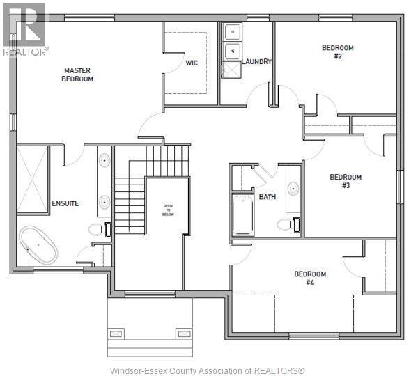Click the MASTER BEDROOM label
(78, 75)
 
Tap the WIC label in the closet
(192, 63)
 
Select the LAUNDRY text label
(256, 62)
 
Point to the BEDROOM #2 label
(337, 52)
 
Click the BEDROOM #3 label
(345, 181)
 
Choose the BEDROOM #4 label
(310, 279)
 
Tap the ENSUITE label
(65, 203)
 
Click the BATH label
(268, 197)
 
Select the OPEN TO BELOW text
(167, 210)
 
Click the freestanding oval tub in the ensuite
(38, 246)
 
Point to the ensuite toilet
(98, 229)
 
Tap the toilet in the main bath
(286, 224)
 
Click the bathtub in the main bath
(243, 215)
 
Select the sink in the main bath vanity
(293, 188)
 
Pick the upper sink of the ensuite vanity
(104, 161)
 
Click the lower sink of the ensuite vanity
(104, 202)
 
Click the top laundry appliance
(231, 31)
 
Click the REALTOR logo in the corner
(24, 28)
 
